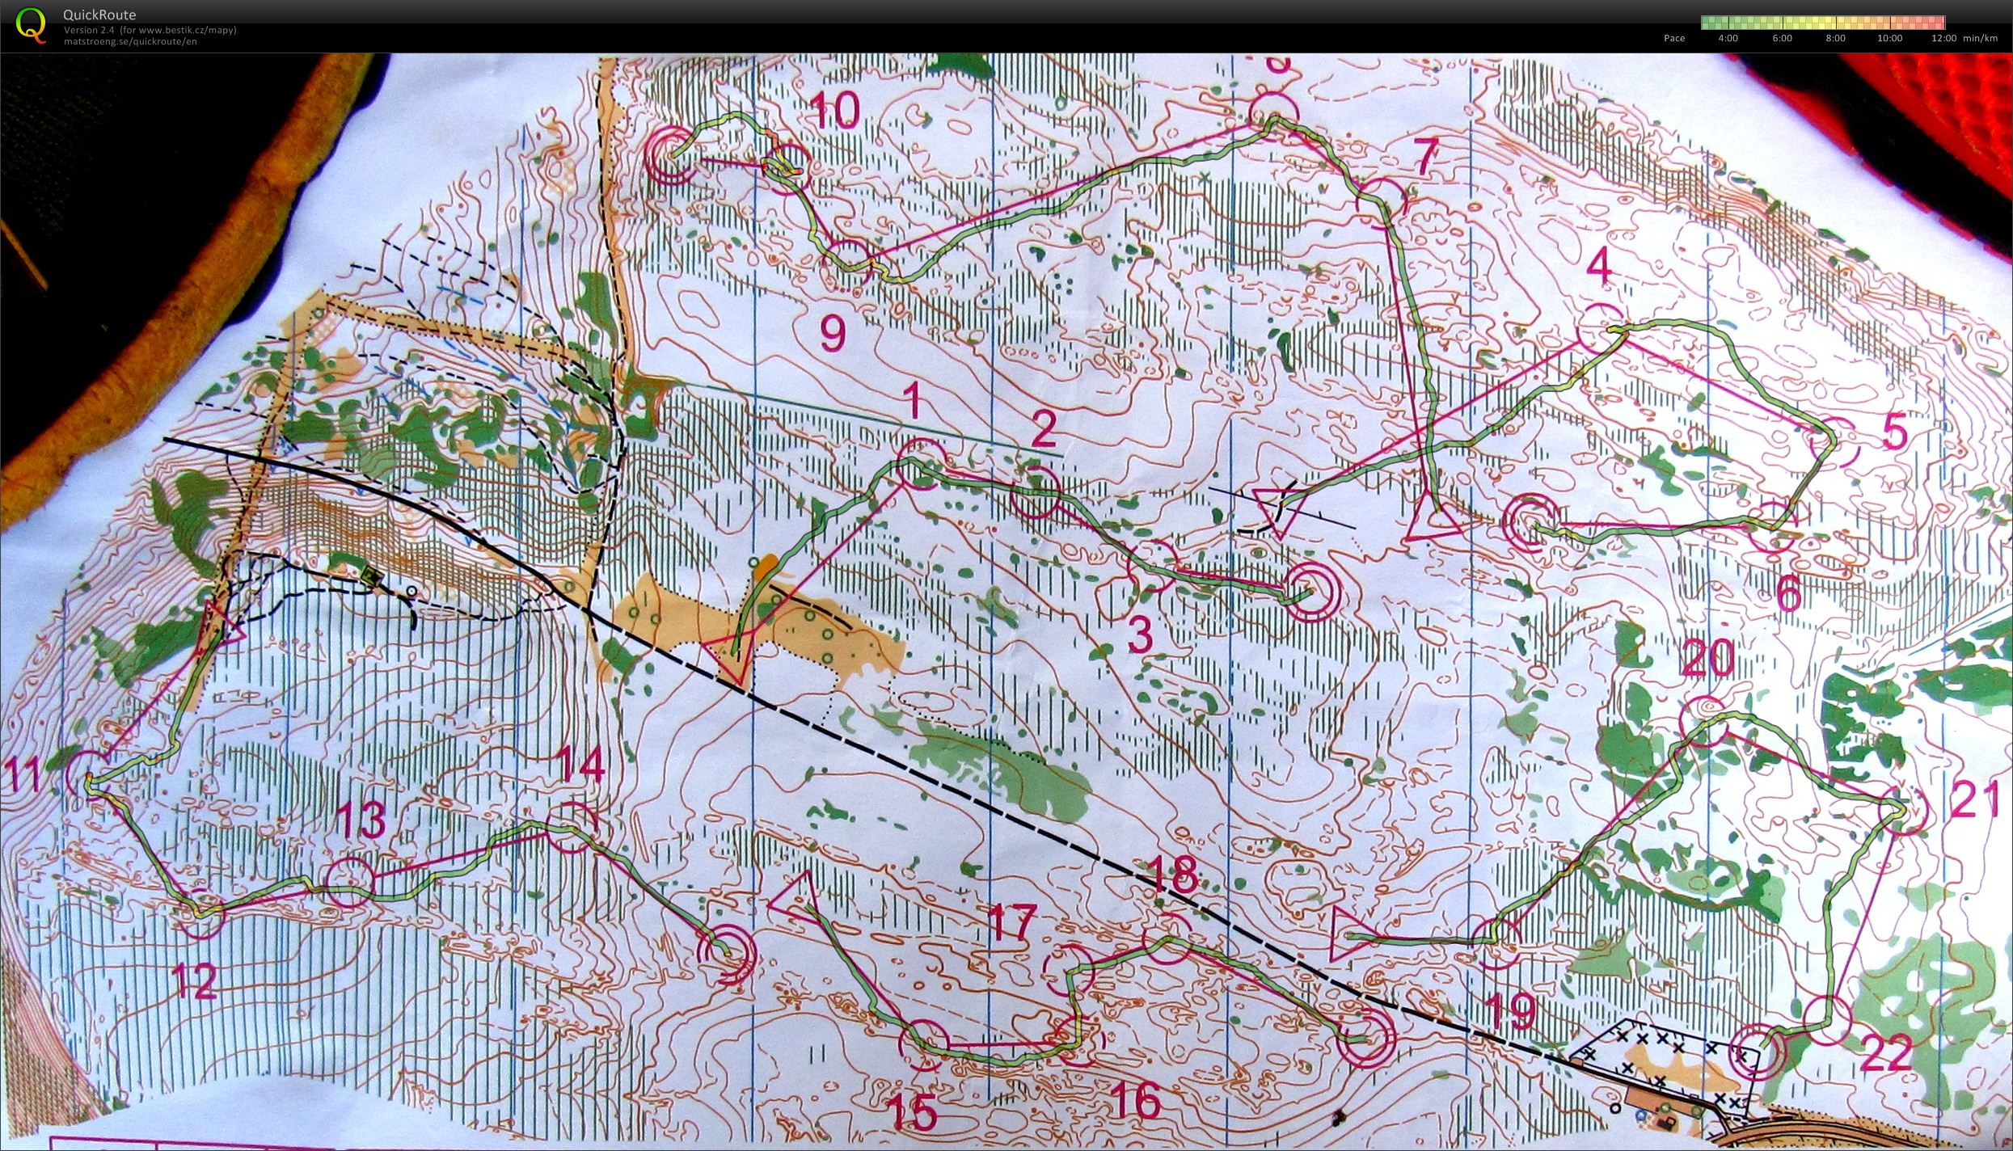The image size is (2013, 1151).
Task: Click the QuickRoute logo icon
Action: coord(31,24)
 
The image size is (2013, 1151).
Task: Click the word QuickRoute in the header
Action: coord(99,15)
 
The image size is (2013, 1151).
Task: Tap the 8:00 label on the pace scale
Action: coord(1835,38)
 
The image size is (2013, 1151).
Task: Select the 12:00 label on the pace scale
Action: coord(1943,38)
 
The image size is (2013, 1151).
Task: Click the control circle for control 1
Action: coord(920,464)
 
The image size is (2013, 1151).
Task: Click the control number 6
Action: coord(1788,597)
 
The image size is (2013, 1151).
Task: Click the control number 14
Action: coord(582,765)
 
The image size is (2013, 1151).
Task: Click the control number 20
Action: coord(1707,657)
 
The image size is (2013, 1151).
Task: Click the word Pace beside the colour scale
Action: coord(1674,38)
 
